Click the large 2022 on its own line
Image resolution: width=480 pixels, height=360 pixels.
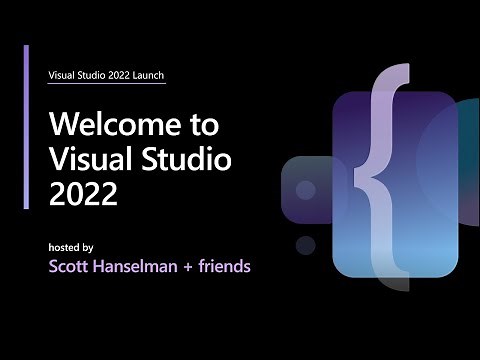83,193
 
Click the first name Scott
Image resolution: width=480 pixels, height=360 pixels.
72,267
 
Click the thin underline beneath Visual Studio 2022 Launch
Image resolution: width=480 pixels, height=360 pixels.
107,84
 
